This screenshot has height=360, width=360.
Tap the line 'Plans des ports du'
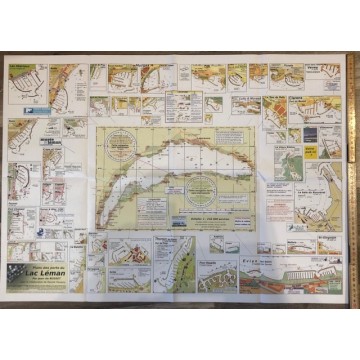coord(45,267)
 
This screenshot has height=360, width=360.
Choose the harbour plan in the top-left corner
coord(24,81)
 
